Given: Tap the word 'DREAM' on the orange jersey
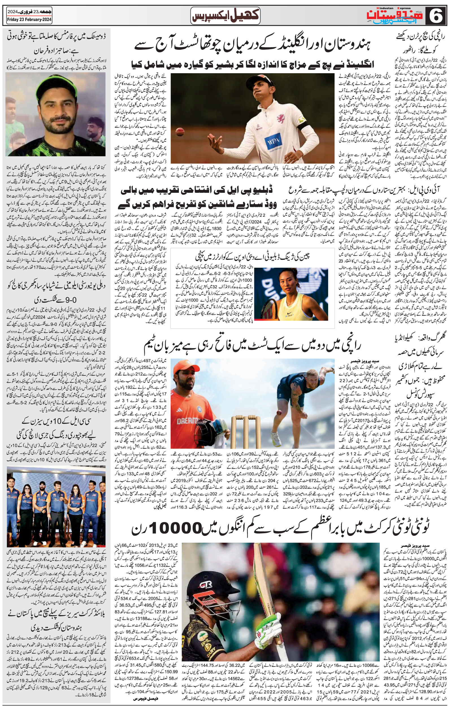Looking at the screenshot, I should pyautogui.click(x=186, y=420).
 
